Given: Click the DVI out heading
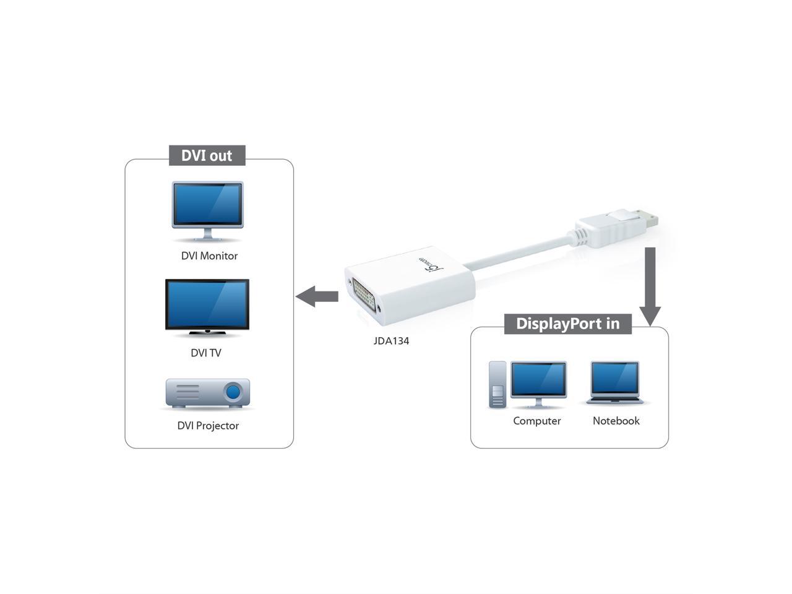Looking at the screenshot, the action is click(x=207, y=155).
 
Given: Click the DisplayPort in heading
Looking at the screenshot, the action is click(x=567, y=324).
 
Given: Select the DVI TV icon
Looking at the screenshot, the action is click(x=207, y=307).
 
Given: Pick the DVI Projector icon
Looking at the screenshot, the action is click(x=208, y=393).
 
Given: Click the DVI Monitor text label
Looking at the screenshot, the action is click(x=209, y=256).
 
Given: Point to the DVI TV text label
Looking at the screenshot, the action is click(x=206, y=353).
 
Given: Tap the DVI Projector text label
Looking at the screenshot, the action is click(x=208, y=426).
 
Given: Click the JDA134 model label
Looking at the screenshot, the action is click(x=391, y=341).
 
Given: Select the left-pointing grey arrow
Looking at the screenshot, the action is click(x=317, y=296).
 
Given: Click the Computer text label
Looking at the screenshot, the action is click(x=537, y=421).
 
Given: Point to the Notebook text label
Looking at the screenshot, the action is click(x=616, y=421).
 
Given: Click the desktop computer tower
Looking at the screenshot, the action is click(x=497, y=384).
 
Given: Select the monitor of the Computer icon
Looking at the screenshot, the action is click(x=538, y=381).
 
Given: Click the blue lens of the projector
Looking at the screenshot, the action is click(x=233, y=392).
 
